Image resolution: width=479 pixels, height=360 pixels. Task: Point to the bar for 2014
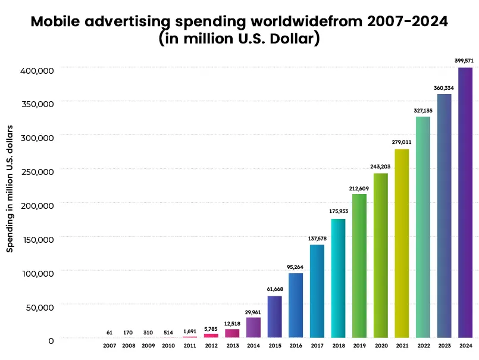[253, 327]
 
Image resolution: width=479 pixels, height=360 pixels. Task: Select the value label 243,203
[380, 166]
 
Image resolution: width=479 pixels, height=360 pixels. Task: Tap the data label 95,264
[296, 266]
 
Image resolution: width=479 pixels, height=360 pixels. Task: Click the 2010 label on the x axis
[169, 345]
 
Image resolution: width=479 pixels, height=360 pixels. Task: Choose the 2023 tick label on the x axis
[444, 345]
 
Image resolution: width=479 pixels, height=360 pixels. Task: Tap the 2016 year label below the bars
[296, 345]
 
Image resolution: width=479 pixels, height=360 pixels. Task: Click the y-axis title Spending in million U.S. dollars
[10, 189]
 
